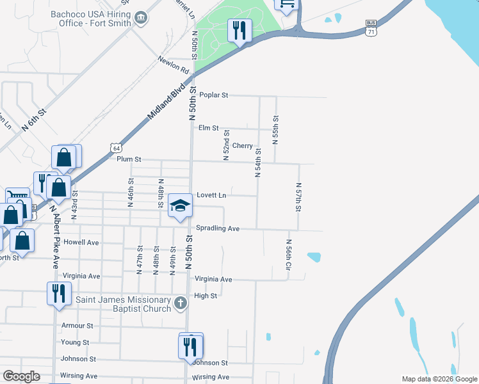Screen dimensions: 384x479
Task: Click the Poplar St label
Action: [213, 95]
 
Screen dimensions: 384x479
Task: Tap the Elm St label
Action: [209, 128]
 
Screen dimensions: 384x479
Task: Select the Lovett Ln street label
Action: [211, 195]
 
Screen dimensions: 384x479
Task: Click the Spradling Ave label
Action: [218, 228]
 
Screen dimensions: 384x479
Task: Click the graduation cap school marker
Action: [180, 205]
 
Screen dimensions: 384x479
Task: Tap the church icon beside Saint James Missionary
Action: [181, 302]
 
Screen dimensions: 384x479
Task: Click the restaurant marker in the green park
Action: [240, 30]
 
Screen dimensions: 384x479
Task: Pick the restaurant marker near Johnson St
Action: [190, 346]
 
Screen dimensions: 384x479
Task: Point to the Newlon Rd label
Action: [174, 64]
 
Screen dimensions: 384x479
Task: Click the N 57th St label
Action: [298, 198]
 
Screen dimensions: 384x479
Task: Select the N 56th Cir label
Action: [289, 254]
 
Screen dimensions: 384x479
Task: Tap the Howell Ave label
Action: [81, 243]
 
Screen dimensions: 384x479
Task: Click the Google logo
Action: [21, 376]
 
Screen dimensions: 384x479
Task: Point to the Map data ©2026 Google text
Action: [439, 379]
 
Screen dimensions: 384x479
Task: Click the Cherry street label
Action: [242, 146]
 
